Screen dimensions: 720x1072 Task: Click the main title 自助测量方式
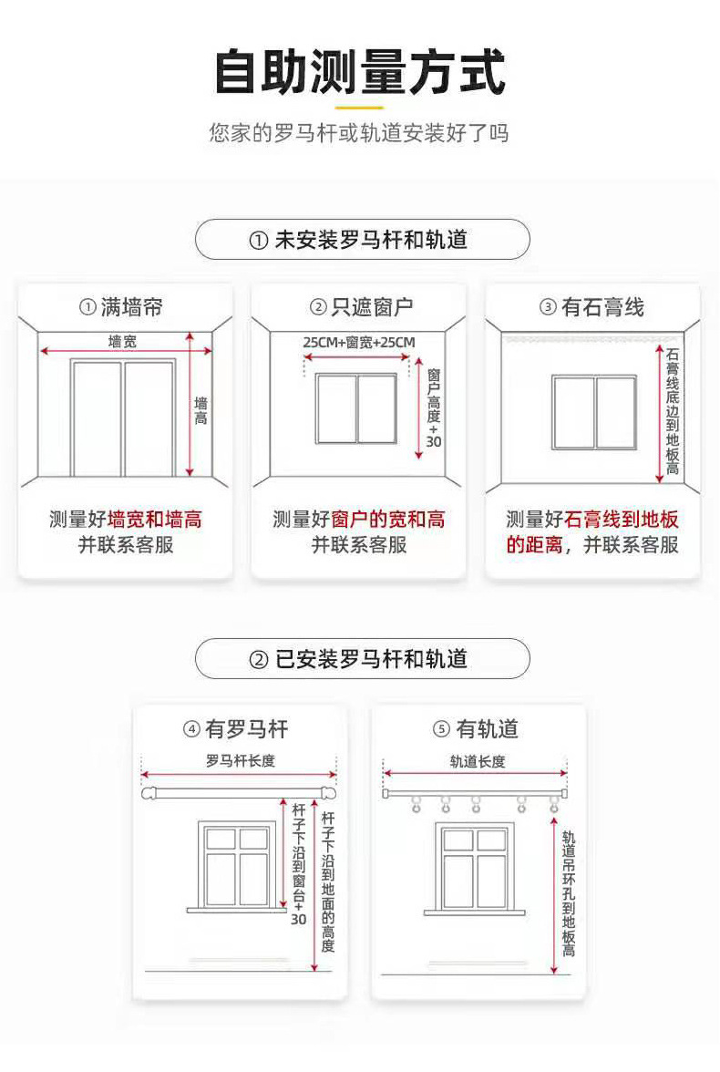pos(359,73)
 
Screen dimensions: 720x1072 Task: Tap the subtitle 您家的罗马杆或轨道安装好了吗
pos(359,134)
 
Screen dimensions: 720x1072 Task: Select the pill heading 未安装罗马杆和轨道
pos(362,240)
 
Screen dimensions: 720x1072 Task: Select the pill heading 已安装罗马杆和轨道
pos(362,658)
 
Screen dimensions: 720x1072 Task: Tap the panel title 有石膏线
pos(592,307)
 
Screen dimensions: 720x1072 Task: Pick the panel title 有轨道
pos(476,729)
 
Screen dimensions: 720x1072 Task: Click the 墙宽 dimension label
pos(123,342)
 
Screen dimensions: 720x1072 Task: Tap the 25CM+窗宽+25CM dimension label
pos(359,343)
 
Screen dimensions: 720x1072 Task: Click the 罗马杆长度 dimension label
pos(240,760)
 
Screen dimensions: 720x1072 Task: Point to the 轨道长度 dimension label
pos(477,760)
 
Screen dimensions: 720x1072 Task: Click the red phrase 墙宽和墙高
pos(155,521)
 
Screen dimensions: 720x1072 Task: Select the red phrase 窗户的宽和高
pos(388,521)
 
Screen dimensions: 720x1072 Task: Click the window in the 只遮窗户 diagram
pos(356,408)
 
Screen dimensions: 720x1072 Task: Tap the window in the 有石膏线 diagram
pos(593,412)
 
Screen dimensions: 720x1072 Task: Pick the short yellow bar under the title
pos(359,107)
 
